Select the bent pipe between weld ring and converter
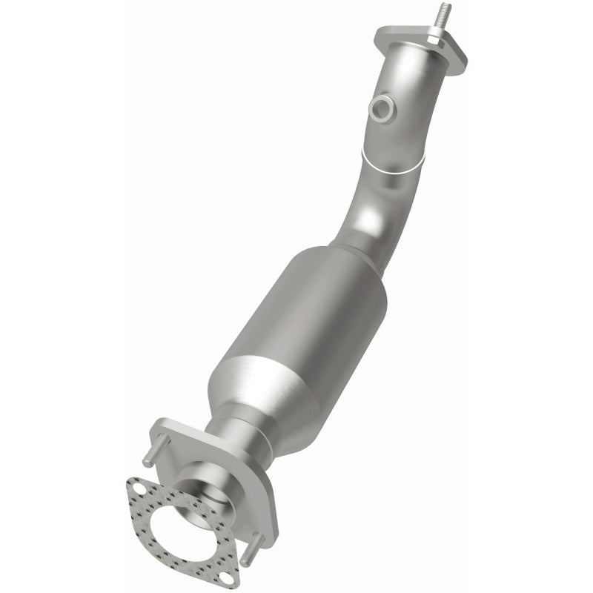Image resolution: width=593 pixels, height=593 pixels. pos(367,215)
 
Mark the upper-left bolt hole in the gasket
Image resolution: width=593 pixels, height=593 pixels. pos(139,487)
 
